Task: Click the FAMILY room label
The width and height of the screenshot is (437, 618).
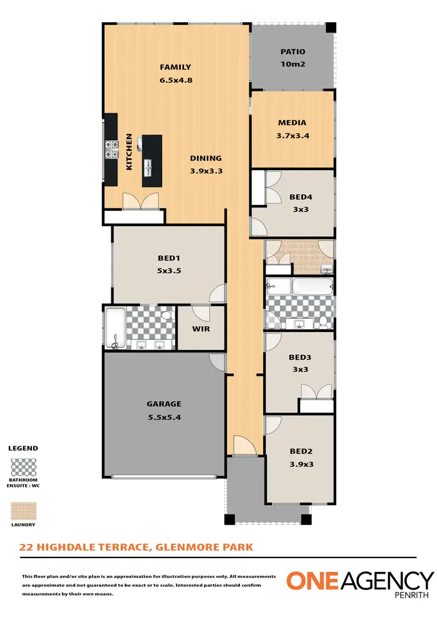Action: [175, 67]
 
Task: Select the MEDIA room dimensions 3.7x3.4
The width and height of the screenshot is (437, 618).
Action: [292, 136]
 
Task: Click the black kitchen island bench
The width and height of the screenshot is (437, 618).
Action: [151, 156]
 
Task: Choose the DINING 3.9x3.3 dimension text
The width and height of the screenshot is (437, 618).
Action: [206, 171]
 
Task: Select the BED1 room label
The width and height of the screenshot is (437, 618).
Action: [169, 259]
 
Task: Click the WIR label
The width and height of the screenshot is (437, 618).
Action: [201, 329]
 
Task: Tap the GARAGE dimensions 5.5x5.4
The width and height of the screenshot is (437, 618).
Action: [164, 417]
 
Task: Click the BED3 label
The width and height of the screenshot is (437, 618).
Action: [300, 358]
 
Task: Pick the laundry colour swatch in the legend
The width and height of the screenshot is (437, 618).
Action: [23, 511]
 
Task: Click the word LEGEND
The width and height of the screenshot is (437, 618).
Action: [23, 449]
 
